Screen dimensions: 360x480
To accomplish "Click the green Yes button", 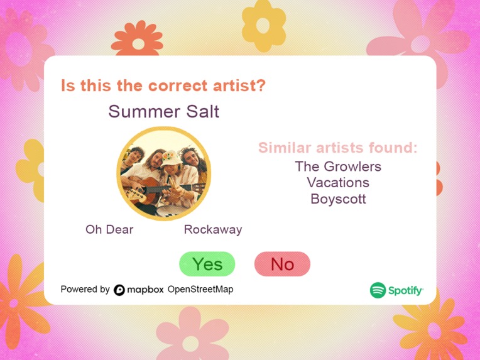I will pos(207,264).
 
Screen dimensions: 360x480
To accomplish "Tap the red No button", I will pos(282,264).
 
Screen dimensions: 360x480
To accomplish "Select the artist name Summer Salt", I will pos(164,112).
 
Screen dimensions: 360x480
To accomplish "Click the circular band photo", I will pos(164,173).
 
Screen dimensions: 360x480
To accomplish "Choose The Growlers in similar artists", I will pos(338,166).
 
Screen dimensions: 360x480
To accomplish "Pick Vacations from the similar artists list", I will pos(338,183).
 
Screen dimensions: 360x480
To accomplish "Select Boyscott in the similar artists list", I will pos(338,199).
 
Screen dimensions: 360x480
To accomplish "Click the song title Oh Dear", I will pos(109,229).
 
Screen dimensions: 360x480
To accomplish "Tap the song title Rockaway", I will pos(212,229).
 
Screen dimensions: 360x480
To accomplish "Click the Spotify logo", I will pos(396,290).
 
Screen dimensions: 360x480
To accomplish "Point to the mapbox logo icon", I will pos(119,290).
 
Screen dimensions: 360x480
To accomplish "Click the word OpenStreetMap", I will pos(200,290).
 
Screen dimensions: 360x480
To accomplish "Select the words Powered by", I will pos(85,290).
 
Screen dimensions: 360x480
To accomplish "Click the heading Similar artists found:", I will pos(338,148).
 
